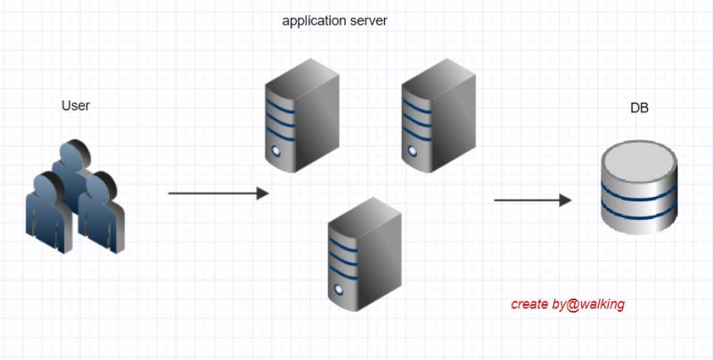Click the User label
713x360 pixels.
pos(76,106)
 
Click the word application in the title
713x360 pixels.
pos(311,20)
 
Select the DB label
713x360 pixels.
pos(639,109)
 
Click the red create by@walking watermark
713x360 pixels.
pos(568,304)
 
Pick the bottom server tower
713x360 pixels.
pos(364,254)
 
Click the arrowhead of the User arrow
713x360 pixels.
pos(263,193)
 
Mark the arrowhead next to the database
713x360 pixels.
pos(565,200)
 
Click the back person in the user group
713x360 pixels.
pos(70,160)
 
